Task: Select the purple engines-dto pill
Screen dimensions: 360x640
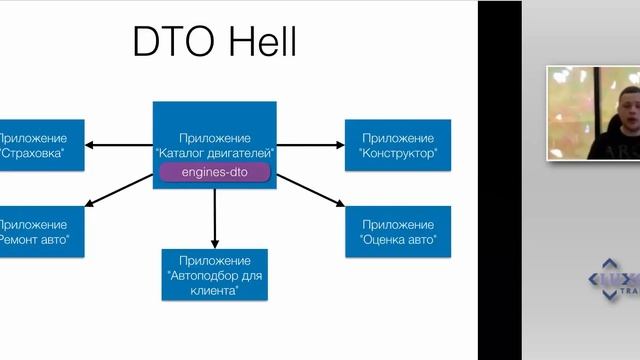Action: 214,172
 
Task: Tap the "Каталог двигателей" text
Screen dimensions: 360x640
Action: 214,153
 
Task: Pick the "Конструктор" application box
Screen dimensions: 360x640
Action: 398,145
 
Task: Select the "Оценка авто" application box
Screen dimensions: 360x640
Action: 398,232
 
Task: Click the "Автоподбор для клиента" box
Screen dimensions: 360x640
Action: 214,275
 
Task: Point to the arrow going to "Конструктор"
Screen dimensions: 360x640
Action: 310,145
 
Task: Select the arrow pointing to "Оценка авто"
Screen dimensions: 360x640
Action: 310,190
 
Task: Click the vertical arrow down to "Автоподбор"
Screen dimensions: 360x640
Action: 214,215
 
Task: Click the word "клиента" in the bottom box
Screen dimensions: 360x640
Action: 214,291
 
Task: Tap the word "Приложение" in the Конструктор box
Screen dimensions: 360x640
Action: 398,137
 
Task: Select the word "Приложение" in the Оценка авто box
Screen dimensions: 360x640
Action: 398,224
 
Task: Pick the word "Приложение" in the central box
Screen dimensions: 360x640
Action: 214,137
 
